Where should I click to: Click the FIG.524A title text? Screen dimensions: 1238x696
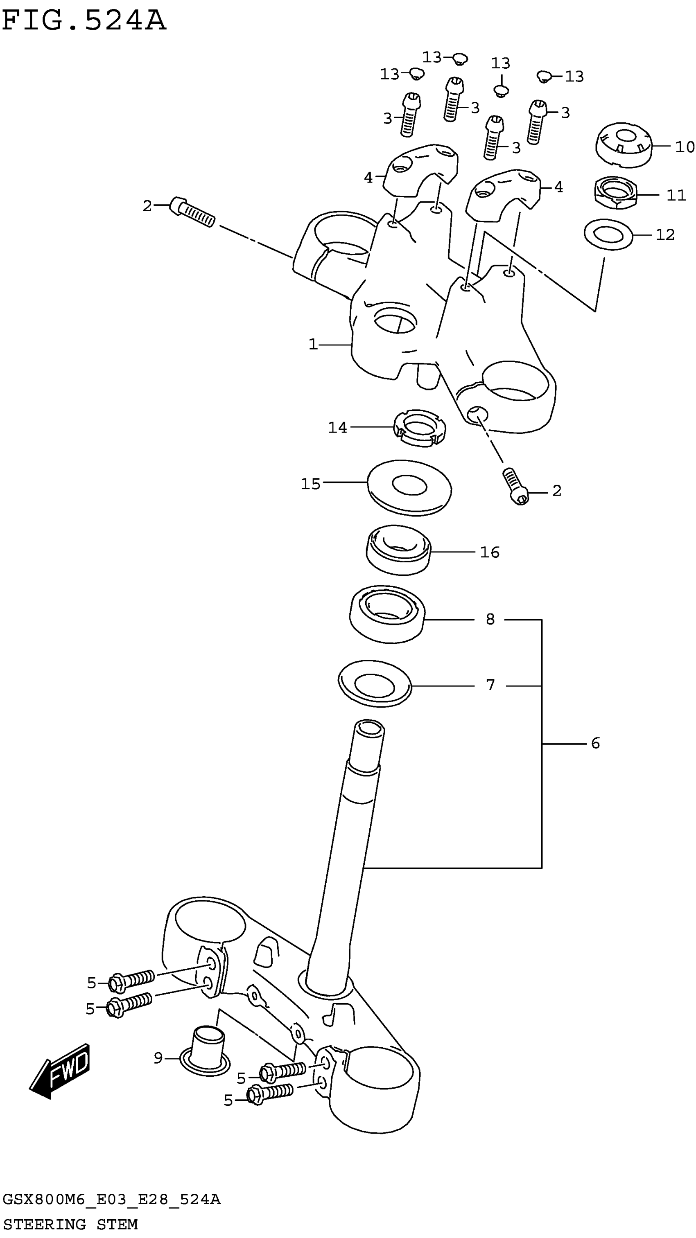84,22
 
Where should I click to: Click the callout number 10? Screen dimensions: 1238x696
685,147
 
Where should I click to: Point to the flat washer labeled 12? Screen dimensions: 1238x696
608,235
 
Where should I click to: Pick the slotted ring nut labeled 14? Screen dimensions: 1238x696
420,428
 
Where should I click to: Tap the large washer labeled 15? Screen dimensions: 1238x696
409,487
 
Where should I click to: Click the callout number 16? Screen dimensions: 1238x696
490,552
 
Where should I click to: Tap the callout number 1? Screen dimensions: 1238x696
313,345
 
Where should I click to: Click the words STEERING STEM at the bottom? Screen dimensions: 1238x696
70,1224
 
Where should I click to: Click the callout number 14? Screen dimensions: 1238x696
337,427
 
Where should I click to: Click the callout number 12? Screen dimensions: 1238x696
665,235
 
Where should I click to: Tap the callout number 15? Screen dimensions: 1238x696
310,483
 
